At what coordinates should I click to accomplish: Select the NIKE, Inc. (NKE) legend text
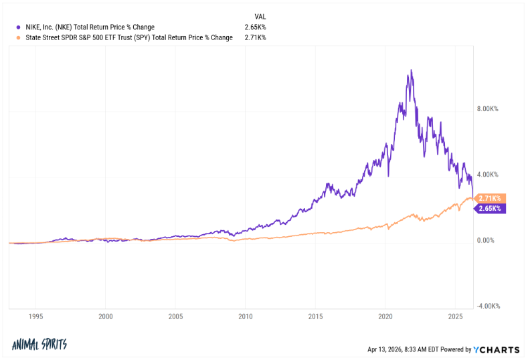click(x=89, y=27)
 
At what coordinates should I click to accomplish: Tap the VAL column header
click(x=260, y=15)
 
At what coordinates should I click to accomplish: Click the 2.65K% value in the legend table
click(x=255, y=27)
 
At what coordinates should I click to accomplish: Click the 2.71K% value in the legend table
click(x=255, y=38)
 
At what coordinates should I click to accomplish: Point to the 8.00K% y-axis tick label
click(x=487, y=109)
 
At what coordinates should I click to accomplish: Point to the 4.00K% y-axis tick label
click(x=487, y=175)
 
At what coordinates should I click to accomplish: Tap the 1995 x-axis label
click(x=36, y=317)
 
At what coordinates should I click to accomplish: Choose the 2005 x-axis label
click(x=176, y=317)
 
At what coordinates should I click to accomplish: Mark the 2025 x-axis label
click(x=456, y=317)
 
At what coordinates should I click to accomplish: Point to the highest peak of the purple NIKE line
click(x=410, y=70)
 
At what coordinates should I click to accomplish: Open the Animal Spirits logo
click(x=39, y=345)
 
